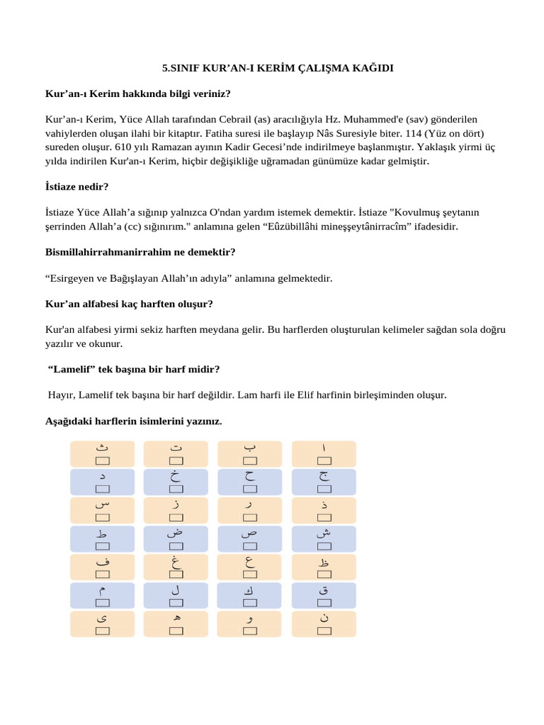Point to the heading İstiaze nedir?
pyautogui.click(x=76, y=187)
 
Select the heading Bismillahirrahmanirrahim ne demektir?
pyautogui.click(x=140, y=252)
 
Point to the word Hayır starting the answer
pyautogui.click(x=61, y=395)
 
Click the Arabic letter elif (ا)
pyautogui.click(x=324, y=448)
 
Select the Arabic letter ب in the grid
pyautogui.click(x=249, y=447)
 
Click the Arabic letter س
pyautogui.click(x=102, y=504)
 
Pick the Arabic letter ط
pyautogui.click(x=102, y=532)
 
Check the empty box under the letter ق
pyautogui.click(x=324, y=603)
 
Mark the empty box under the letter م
pyautogui.click(x=102, y=603)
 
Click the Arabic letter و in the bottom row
pyautogui.click(x=249, y=619)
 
